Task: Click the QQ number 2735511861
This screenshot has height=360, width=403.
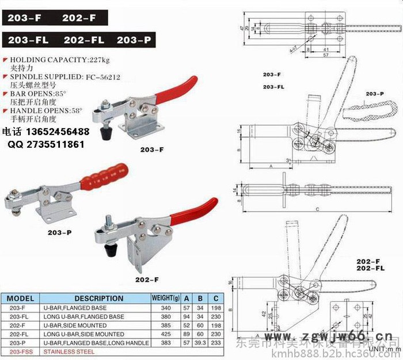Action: [56, 144]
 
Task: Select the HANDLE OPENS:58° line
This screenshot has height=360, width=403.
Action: [47, 109]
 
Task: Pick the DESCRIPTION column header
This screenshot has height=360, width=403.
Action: [98, 298]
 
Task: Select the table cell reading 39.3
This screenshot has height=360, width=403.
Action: [201, 343]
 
